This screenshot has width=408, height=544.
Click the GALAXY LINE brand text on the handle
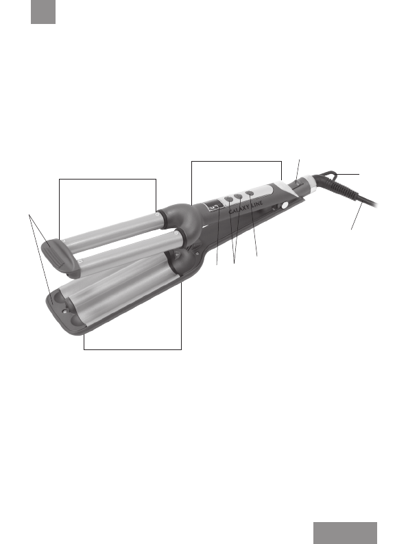coord(246,207)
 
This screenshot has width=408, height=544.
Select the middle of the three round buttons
coord(238,197)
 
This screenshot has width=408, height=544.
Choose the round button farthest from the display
coord(250,193)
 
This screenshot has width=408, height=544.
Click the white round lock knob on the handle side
coord(285,206)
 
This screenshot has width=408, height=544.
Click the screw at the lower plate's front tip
coord(64,311)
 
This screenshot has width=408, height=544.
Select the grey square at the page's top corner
coord(43,12)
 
